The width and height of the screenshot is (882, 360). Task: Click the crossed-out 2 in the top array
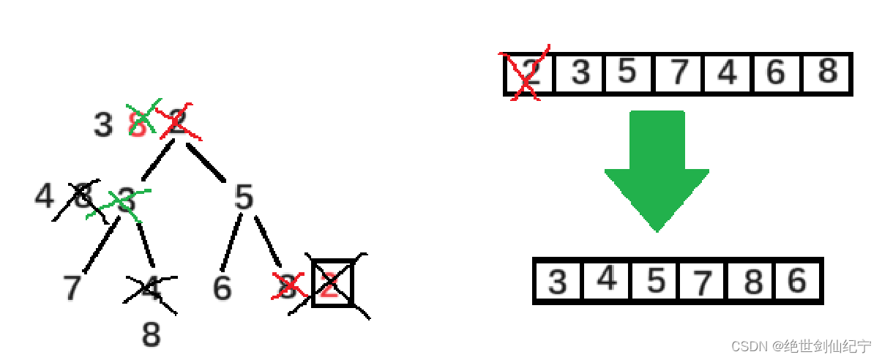point(529,73)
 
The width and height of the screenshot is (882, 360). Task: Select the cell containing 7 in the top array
point(679,73)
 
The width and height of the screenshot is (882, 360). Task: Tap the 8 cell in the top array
point(827,73)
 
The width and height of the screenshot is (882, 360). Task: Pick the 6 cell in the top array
point(777,73)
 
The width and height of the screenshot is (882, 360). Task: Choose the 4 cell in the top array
point(728,73)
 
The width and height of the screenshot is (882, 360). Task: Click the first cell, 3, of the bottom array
point(558,281)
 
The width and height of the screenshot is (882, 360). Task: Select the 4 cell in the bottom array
point(607,280)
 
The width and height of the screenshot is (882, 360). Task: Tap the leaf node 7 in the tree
point(72,288)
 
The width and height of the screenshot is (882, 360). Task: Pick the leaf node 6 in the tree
point(223,288)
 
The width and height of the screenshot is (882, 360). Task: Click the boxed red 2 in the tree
point(332,284)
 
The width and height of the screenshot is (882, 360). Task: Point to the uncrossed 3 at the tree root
point(102,126)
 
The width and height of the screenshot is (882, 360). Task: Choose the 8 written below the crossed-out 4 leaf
point(151,335)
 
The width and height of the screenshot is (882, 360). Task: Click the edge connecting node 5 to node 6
point(231,241)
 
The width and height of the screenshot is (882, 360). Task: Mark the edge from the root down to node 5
point(206,162)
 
